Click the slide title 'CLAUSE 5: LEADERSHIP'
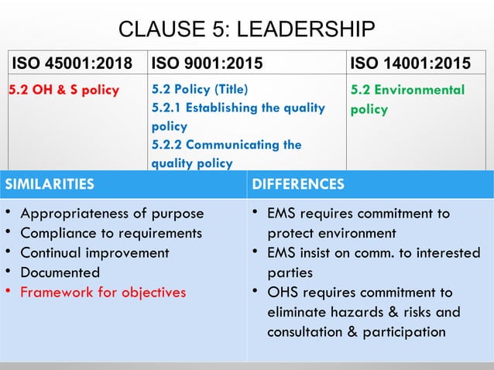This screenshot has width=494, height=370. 246,30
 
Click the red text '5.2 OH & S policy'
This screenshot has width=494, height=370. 63,90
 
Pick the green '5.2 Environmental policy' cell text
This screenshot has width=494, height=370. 407,100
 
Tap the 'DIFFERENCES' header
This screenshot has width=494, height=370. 299,184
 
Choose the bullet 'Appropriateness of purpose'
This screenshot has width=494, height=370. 111,214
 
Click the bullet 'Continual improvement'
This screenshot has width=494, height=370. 94,252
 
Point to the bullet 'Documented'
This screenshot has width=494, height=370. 60,272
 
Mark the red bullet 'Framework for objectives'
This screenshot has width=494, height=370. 103,292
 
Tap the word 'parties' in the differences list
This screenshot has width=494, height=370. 290,272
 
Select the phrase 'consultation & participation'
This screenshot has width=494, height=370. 356,332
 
